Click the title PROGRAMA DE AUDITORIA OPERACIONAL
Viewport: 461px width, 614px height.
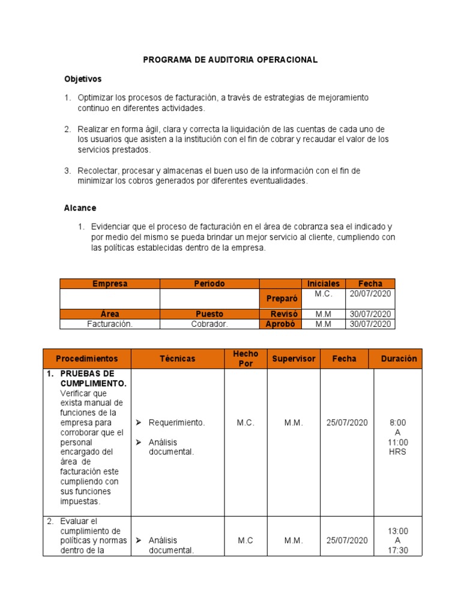tap(230, 60)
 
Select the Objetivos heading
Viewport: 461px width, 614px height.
tap(83, 79)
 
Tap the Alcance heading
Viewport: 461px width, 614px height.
tap(80, 208)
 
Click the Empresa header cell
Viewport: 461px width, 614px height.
tap(109, 284)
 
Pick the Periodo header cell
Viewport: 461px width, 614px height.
tap(209, 284)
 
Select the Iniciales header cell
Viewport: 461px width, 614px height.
tap(323, 284)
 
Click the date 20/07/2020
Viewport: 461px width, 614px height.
tap(370, 294)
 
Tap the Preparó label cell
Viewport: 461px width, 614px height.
tap(280, 299)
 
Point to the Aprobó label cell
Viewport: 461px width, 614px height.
tap(280, 324)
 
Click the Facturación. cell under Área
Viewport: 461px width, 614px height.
tap(109, 324)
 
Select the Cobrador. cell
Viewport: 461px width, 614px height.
tap(209, 324)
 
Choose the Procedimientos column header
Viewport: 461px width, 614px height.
tap(87, 359)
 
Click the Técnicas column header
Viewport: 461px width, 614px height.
tap(177, 359)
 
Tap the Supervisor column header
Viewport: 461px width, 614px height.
tap(294, 359)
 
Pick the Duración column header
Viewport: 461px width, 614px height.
tap(399, 359)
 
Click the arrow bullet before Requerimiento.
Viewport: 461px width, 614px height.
tap(139, 423)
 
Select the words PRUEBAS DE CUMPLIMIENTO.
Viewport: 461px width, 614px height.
tap(93, 378)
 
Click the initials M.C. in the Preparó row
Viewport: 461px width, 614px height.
tap(323, 294)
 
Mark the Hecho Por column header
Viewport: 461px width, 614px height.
tap(246, 359)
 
